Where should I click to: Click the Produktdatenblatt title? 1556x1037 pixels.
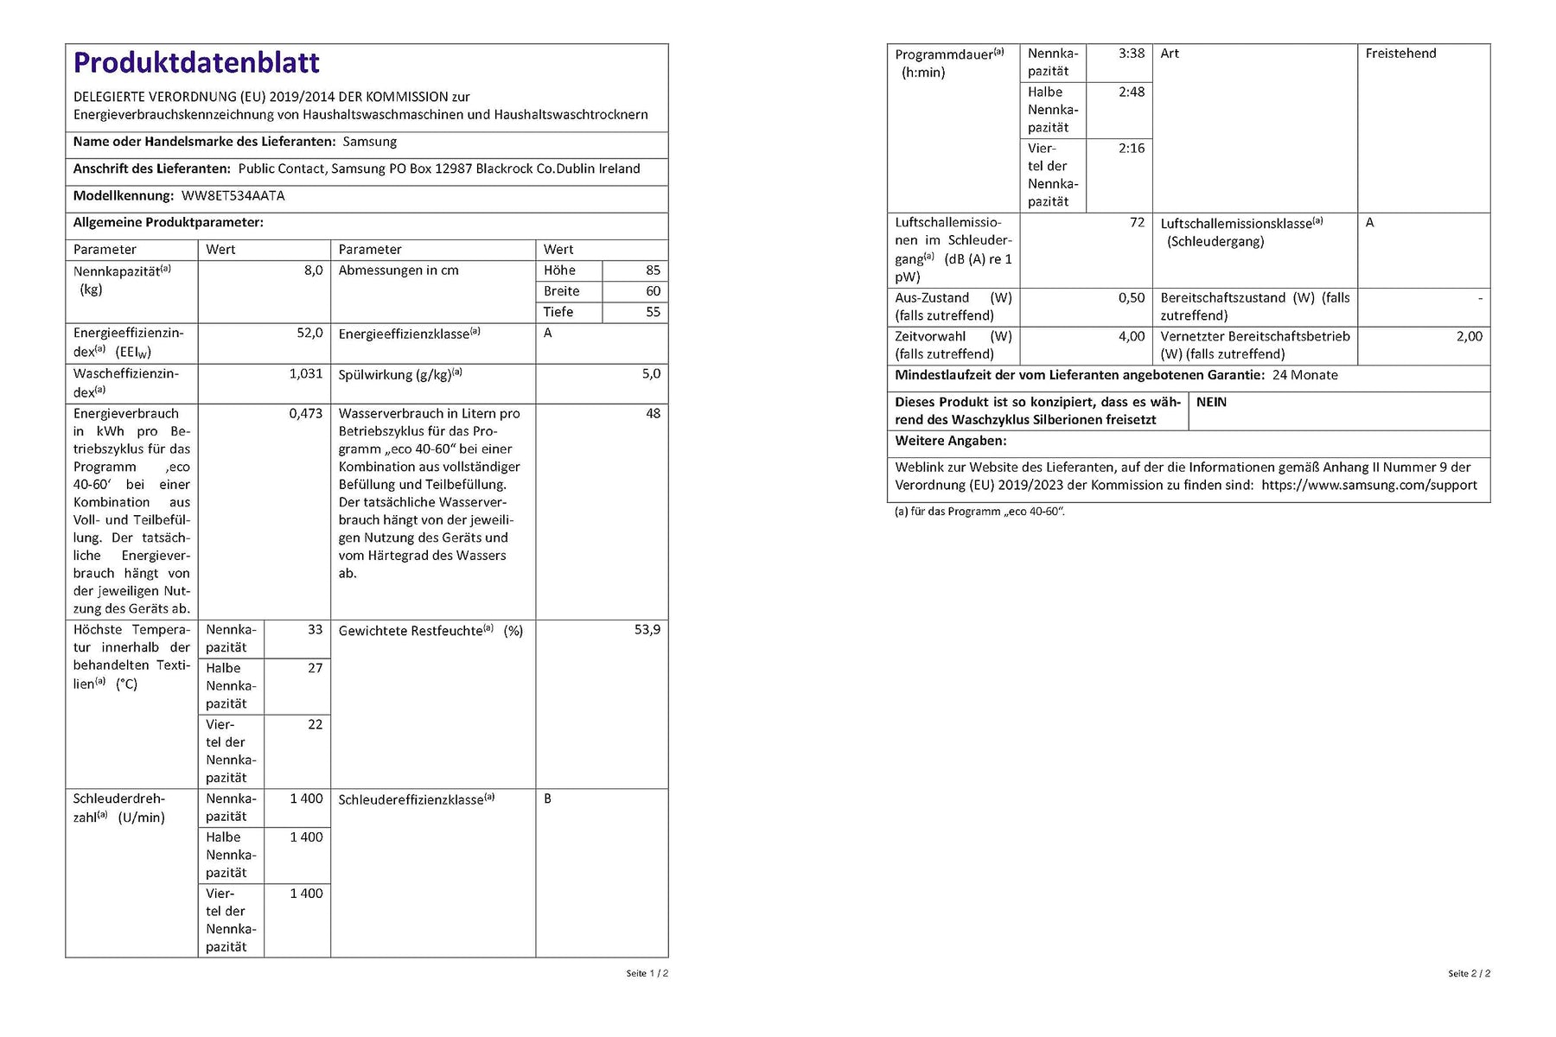(x=196, y=63)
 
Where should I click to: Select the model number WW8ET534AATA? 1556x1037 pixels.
(x=233, y=196)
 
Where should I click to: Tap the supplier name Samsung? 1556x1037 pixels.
(x=370, y=142)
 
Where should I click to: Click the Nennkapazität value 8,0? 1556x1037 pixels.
(x=313, y=270)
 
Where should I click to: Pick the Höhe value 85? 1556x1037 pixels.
(x=653, y=270)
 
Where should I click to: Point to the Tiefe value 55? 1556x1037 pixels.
(x=653, y=312)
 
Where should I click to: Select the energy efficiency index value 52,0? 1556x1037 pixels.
(x=309, y=333)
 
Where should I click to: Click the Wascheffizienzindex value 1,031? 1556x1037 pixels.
(x=306, y=374)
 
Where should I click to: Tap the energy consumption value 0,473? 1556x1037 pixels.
(x=306, y=414)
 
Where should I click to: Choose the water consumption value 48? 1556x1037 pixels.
(x=653, y=414)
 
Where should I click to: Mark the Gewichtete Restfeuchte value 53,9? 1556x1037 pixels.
(x=647, y=630)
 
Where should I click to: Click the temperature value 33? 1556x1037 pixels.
(x=315, y=630)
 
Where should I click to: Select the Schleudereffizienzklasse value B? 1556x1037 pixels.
(x=547, y=799)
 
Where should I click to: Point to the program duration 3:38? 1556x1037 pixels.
(x=1131, y=54)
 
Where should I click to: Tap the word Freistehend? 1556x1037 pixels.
(x=1400, y=54)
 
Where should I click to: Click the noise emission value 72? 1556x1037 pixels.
(x=1137, y=223)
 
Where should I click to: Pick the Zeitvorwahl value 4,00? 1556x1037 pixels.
(x=1131, y=337)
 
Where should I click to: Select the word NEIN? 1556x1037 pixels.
(x=1211, y=403)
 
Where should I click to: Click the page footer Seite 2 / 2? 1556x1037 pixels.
(x=1469, y=974)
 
